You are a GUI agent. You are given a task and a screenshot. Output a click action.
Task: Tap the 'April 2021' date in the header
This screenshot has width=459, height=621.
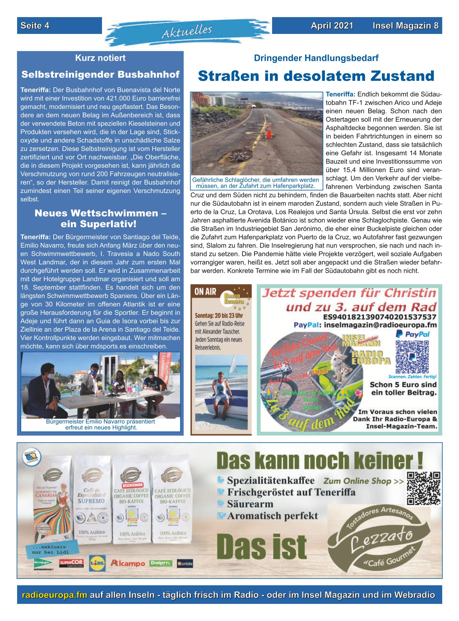tap(332, 26)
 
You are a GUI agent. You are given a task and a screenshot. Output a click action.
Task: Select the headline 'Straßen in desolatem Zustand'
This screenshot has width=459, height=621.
tap(316, 76)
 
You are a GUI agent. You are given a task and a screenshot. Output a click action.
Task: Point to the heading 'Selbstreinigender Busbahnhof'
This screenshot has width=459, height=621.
tap(100, 74)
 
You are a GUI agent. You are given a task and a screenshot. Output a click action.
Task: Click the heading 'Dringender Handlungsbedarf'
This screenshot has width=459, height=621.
tap(316, 58)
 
